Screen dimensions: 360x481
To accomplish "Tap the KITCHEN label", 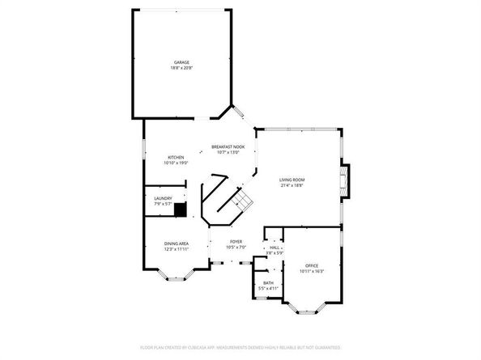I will click(175, 157).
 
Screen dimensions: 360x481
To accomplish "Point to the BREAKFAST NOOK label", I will click(228, 146).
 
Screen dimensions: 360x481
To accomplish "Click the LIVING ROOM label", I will click(292, 180).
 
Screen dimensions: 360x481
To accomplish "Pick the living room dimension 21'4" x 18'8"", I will click(292, 185).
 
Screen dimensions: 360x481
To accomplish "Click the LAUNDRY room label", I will click(163, 198).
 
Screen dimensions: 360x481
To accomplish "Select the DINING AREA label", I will click(176, 244).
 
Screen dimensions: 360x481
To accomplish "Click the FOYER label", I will click(236, 241).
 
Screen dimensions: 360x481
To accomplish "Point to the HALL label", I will click(276, 248).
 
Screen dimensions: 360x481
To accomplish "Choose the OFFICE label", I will click(312, 265).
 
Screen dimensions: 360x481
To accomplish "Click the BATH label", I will click(268, 283).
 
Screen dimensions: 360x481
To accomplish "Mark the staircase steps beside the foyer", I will click(239, 201).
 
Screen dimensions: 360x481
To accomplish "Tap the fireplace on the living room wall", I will click(346, 181).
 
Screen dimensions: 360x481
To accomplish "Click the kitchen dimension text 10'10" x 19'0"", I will click(175, 163).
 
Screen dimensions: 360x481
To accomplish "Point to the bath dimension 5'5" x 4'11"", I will click(268, 289).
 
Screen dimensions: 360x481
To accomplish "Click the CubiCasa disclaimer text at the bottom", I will click(240, 347).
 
